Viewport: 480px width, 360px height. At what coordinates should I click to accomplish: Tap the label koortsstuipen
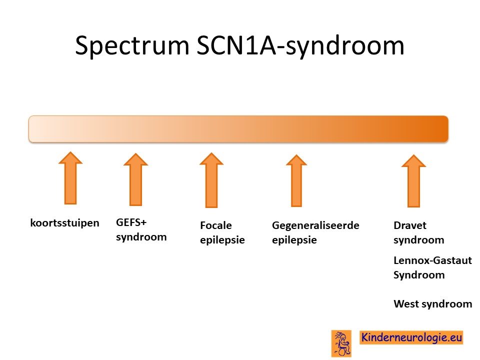[x=64, y=223]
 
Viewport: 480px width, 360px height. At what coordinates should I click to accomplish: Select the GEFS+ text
[x=131, y=222]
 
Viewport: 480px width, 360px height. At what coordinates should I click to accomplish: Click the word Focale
[x=216, y=225]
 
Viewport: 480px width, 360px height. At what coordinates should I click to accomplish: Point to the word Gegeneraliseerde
[x=315, y=225]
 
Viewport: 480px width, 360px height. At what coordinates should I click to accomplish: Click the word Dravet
[x=410, y=225]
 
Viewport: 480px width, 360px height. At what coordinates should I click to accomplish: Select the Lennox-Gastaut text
[x=432, y=260]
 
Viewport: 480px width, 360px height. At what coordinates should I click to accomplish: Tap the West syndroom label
[x=432, y=304]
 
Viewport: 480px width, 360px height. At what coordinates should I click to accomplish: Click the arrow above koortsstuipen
[x=70, y=178]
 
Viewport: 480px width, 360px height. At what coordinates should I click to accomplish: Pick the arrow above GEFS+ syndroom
[x=135, y=179]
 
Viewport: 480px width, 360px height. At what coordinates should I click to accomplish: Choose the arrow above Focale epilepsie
[x=211, y=180]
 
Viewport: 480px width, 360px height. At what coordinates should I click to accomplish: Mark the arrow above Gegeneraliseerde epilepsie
[x=296, y=180]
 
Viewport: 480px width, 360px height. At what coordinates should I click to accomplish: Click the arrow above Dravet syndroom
[x=413, y=181]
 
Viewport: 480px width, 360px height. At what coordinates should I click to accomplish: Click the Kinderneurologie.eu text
[x=411, y=337]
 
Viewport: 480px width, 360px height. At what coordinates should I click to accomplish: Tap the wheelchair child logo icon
[x=341, y=343]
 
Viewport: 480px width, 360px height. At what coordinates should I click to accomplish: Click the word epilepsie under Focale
[x=222, y=240]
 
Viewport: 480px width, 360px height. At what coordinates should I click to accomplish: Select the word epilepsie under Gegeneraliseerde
[x=294, y=240]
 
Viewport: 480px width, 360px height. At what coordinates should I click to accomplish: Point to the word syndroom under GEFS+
[x=141, y=237]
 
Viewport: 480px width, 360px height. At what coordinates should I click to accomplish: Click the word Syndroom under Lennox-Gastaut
[x=419, y=275]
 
